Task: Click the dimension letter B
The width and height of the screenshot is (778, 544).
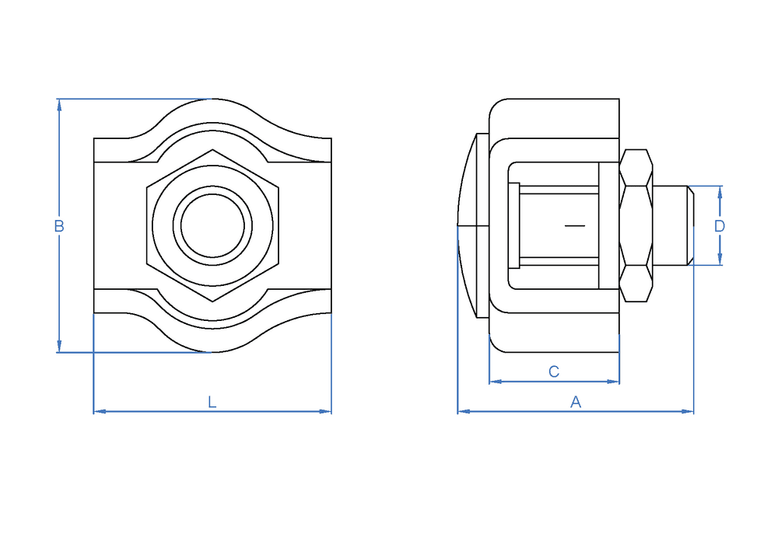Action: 59,226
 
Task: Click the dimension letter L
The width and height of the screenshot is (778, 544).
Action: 212,402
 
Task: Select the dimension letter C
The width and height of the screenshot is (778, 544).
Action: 554,371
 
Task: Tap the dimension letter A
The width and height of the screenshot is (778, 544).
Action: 576,402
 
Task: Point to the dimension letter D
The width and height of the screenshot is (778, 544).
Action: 720,226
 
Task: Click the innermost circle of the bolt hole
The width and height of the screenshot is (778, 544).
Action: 212,225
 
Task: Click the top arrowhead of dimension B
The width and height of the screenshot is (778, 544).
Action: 59,105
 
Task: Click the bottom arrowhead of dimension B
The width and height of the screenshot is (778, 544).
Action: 59,347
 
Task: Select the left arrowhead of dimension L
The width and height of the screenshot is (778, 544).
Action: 100,411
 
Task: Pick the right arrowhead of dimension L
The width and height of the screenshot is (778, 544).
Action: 325,411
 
